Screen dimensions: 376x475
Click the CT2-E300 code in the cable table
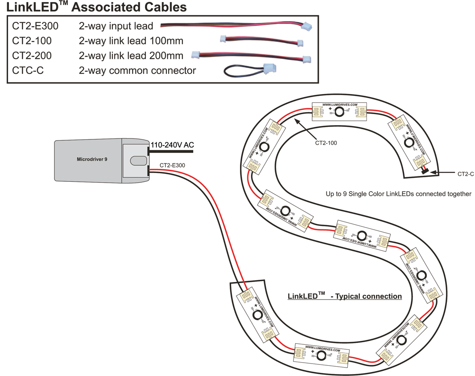click(36, 26)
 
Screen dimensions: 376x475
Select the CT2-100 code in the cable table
click(32, 41)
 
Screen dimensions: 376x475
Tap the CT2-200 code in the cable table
click(32, 56)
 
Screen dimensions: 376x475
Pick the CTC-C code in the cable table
click(28, 70)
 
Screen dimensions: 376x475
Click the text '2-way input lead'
click(116, 26)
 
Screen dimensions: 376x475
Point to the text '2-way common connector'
click(137, 70)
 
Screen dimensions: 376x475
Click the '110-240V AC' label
click(172, 145)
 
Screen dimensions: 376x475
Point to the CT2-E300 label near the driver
click(173, 165)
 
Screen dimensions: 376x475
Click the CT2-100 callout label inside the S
click(326, 143)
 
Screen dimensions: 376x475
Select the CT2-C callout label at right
click(466, 174)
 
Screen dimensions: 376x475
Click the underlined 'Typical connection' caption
click(345, 296)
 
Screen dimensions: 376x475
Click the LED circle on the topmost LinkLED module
click(339, 112)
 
